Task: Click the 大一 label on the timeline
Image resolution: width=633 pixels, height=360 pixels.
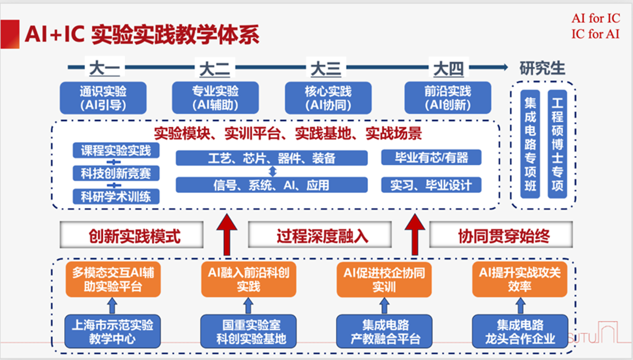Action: pos(104,68)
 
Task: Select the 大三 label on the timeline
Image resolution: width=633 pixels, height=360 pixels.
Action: pos(326,68)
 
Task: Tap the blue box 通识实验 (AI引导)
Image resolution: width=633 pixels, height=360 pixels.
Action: pos(103,98)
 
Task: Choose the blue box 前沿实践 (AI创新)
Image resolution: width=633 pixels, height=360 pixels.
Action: pos(448,98)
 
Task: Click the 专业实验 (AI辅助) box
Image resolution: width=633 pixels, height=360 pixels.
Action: pos(215,98)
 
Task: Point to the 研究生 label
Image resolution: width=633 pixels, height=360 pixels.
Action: pos(542,68)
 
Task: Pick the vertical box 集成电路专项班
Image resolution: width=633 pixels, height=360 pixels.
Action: pos(530,144)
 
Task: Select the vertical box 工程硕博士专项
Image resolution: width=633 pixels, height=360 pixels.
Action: pos(557,144)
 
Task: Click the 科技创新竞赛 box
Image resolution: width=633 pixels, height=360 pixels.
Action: pos(116,173)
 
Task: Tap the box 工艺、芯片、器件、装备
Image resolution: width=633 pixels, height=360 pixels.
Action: pos(272,158)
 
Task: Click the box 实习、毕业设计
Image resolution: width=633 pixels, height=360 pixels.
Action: pos(431,185)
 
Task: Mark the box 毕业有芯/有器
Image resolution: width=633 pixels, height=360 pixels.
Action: pos(431,157)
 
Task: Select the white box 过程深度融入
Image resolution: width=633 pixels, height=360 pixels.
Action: pos(320,235)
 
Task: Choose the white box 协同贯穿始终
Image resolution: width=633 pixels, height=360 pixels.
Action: pos(501,235)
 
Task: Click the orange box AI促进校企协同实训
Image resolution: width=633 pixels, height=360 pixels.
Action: pos(384,280)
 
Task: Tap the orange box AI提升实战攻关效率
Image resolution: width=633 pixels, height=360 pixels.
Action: pos(520,280)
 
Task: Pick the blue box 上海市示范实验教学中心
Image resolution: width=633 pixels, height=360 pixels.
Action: pos(112,331)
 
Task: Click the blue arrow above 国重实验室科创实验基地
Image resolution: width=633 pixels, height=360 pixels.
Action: pos(248,306)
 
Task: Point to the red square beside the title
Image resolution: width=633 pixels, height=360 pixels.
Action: pos(10,34)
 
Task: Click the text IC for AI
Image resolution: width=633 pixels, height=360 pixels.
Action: pos(595,34)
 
